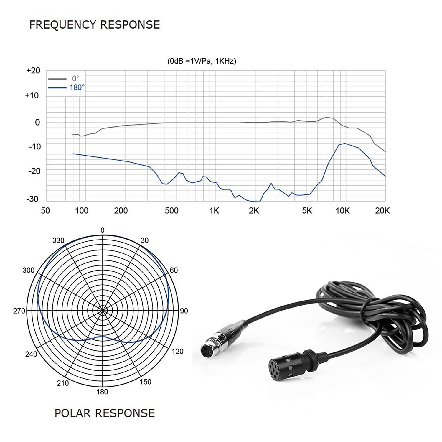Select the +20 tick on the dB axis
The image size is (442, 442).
[x=33, y=71]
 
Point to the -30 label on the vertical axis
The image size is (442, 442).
[x=32, y=199]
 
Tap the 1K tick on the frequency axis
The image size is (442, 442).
[x=214, y=210]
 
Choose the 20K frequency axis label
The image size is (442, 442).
[x=382, y=210]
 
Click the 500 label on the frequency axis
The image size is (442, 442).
[x=171, y=210]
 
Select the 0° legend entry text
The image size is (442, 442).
[x=76, y=79]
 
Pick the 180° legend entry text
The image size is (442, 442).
[x=77, y=87]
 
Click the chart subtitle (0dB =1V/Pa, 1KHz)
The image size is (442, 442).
[x=202, y=61]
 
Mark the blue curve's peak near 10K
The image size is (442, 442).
[x=345, y=144]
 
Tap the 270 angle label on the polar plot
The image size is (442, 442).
[x=19, y=311]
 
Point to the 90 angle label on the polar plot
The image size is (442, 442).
[x=184, y=311]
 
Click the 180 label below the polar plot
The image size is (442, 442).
[x=102, y=392]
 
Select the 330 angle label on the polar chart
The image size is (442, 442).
[x=58, y=240]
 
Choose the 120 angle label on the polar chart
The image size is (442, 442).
[x=177, y=351]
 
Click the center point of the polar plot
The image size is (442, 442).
[x=103, y=310]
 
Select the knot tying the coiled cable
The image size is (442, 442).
[x=368, y=309]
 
